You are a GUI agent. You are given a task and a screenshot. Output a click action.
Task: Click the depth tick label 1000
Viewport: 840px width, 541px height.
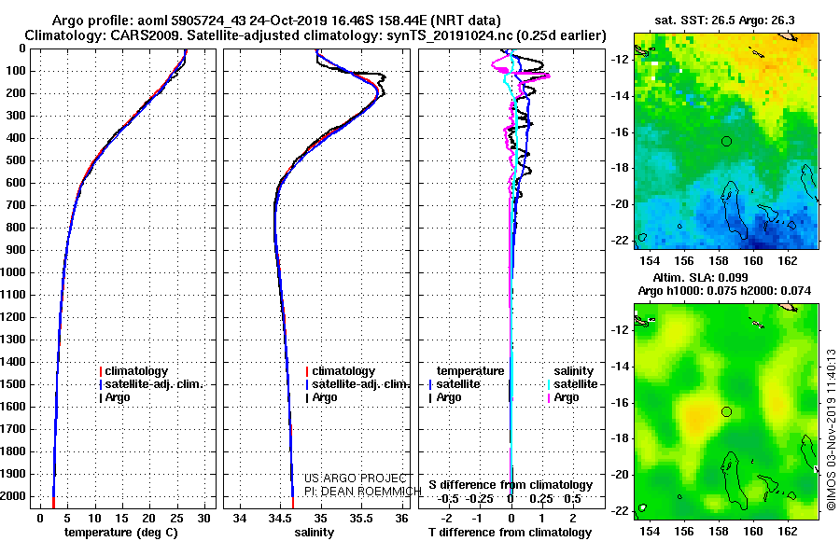tap(13, 272)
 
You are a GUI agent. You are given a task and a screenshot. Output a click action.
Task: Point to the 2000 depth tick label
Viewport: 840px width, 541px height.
tap(13, 496)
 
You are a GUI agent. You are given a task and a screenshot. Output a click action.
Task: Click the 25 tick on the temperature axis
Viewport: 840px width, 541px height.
tap(176, 518)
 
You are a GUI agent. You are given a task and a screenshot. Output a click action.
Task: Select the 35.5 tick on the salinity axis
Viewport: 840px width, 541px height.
tap(361, 518)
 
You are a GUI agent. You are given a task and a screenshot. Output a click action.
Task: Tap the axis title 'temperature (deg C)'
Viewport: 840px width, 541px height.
tap(121, 533)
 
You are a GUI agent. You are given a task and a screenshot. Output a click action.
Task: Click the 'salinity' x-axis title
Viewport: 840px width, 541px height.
tap(314, 533)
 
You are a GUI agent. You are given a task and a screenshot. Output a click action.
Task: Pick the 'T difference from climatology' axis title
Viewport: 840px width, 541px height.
tap(511, 533)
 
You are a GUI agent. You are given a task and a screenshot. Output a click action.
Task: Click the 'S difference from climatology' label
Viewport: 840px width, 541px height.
tap(511, 485)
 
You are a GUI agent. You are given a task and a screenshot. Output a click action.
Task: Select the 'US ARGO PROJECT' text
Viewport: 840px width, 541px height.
tap(356, 479)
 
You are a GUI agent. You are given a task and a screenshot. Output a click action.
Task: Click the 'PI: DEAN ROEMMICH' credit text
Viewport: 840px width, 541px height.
tap(363, 492)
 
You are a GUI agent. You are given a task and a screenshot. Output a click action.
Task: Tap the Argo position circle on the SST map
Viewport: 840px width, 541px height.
tap(726, 142)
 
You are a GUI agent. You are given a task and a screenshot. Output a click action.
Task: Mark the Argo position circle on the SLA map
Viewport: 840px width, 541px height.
tap(726, 412)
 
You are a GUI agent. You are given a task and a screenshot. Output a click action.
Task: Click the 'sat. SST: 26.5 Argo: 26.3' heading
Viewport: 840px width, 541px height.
tap(725, 21)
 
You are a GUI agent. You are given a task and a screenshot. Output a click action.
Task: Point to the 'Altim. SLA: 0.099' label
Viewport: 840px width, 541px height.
tap(701, 277)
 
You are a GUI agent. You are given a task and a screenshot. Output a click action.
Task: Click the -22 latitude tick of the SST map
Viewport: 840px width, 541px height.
tap(621, 241)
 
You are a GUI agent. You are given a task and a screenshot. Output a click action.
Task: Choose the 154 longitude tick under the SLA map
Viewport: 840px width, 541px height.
tap(650, 531)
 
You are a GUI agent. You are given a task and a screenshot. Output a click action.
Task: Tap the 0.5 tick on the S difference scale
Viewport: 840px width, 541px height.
tap(572, 499)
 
